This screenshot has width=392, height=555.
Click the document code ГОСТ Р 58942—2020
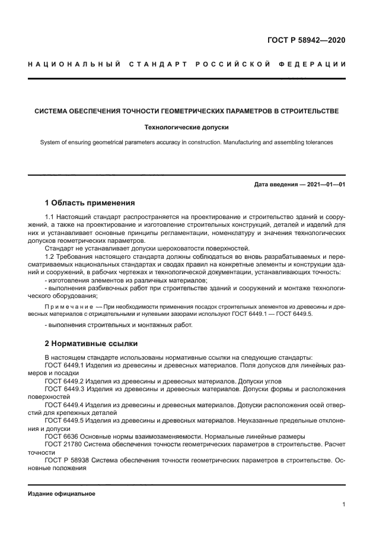click(x=306, y=41)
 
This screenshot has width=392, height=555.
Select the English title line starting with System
click(x=186, y=142)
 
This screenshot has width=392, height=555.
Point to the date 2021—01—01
click(x=324, y=185)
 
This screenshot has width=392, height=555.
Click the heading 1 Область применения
click(x=90, y=203)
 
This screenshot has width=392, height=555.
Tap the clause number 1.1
click(x=51, y=218)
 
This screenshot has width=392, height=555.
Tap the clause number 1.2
click(x=51, y=256)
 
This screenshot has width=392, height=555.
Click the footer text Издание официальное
click(x=61, y=493)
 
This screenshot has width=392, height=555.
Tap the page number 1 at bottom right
click(x=344, y=505)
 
